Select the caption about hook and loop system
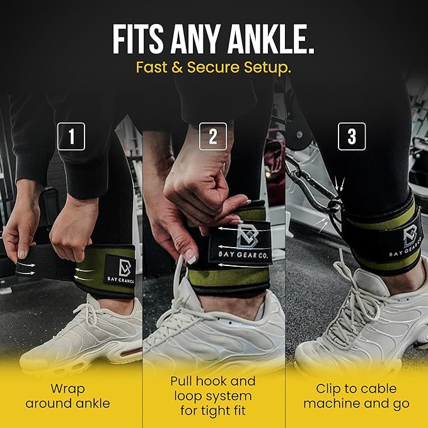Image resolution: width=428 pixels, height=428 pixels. point(213,396)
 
